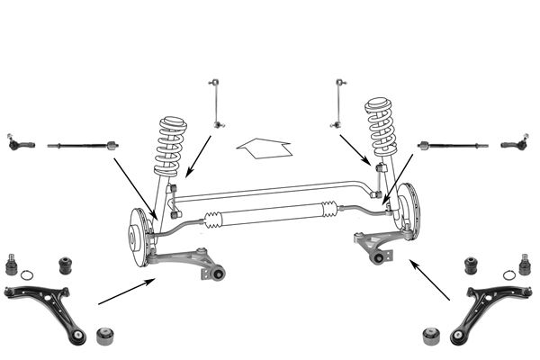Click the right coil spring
[382, 130]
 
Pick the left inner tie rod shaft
[81, 142]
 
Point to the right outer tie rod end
[514, 142]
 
